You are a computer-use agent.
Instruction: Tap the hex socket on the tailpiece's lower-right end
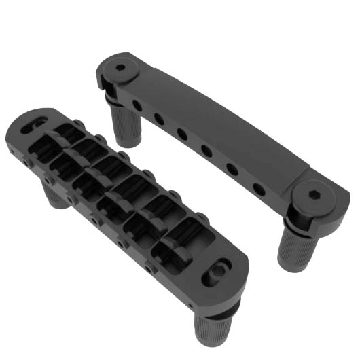pos(316,194)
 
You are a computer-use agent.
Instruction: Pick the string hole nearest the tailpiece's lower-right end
pos(259,187)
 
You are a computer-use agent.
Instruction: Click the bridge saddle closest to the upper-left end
pos(69,136)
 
